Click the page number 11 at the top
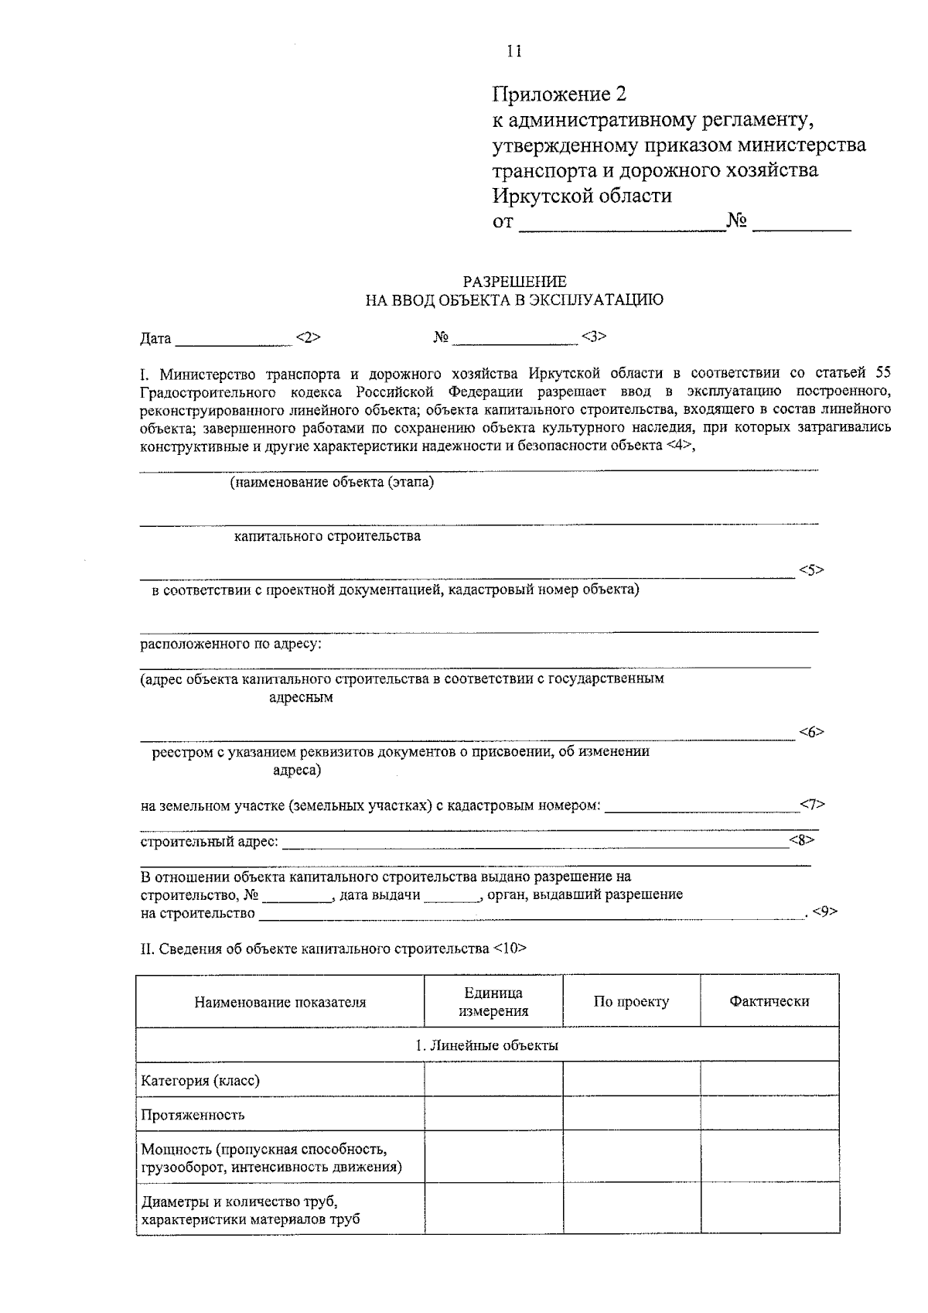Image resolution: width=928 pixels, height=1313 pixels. click(514, 52)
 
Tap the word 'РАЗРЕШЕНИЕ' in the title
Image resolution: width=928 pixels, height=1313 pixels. click(514, 282)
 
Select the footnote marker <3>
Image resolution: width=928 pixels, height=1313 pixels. click(594, 337)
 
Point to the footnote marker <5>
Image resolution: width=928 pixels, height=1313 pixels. click(811, 570)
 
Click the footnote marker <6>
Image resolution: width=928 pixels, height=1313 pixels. click(811, 732)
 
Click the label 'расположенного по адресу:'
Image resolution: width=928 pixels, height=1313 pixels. click(230, 644)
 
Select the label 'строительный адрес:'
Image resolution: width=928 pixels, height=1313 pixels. click(210, 841)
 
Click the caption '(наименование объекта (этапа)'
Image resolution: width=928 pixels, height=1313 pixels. click(332, 483)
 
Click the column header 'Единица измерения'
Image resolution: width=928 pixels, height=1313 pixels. click(493, 1001)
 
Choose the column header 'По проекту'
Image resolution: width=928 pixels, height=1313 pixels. click(631, 1001)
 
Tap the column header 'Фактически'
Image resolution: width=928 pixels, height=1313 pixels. click(769, 1001)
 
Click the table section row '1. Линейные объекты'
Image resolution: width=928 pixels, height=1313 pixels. click(487, 1045)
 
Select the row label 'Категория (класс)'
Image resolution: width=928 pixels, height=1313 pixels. click(200, 1080)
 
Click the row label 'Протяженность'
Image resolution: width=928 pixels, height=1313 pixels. click(193, 1115)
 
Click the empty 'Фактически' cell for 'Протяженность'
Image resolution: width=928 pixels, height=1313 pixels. click(769, 1113)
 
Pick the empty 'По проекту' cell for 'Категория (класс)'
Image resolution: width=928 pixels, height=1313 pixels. click(631, 1079)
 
